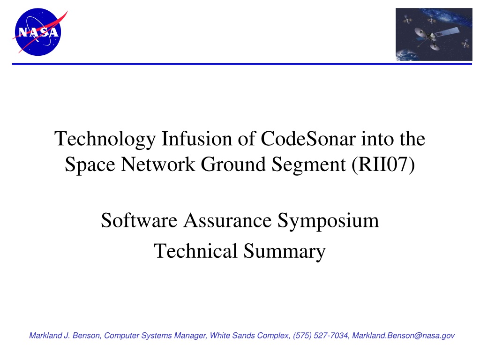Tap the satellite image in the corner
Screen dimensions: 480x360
[x=434, y=34]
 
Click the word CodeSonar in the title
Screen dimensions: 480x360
[x=308, y=139]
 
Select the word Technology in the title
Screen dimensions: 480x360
[x=105, y=139]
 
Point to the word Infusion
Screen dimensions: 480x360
[x=197, y=139]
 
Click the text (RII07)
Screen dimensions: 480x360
[x=383, y=165]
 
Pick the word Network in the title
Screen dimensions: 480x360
[x=158, y=165]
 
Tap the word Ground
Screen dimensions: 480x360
[x=233, y=165]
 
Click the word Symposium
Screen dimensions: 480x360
[x=328, y=221]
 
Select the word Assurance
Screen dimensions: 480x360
[x=227, y=220]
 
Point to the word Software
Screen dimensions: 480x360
[x=139, y=220]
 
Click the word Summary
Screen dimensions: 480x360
[x=285, y=252]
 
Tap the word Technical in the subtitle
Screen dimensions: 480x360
[x=195, y=251]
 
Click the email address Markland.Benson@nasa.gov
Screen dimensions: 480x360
[x=403, y=336]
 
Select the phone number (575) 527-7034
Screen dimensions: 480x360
[x=320, y=336]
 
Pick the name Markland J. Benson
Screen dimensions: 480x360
[x=65, y=336]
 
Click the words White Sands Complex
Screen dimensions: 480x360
[x=249, y=336]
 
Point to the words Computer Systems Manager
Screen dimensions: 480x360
[x=155, y=336]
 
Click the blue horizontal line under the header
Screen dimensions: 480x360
[x=242, y=64]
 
